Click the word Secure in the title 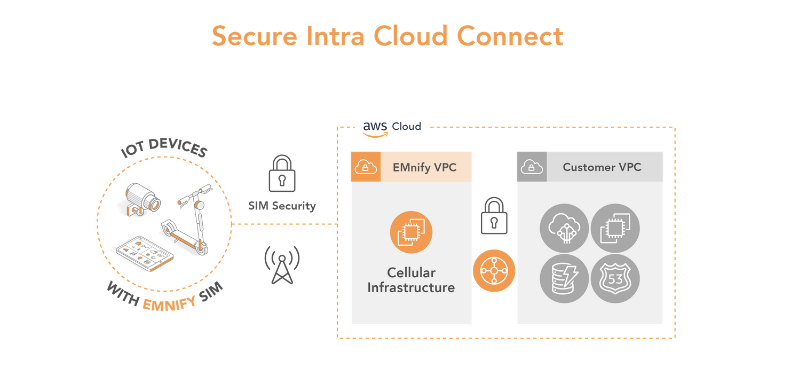pyautogui.click(x=255, y=36)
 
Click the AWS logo pyautogui.click(x=375, y=129)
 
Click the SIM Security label pyautogui.click(x=282, y=206)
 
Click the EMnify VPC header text pyautogui.click(x=424, y=167)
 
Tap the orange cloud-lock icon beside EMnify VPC pyautogui.click(x=366, y=167)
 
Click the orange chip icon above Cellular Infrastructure pyautogui.click(x=411, y=232)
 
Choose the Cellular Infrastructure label pyautogui.click(x=411, y=280)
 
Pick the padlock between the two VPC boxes pyautogui.click(x=494, y=216)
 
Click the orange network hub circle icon pyautogui.click(x=494, y=271)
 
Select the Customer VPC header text pyautogui.click(x=602, y=167)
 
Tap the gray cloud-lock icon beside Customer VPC pyautogui.click(x=532, y=167)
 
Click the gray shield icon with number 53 pyautogui.click(x=615, y=279)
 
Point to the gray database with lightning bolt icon pyautogui.click(x=564, y=279)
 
